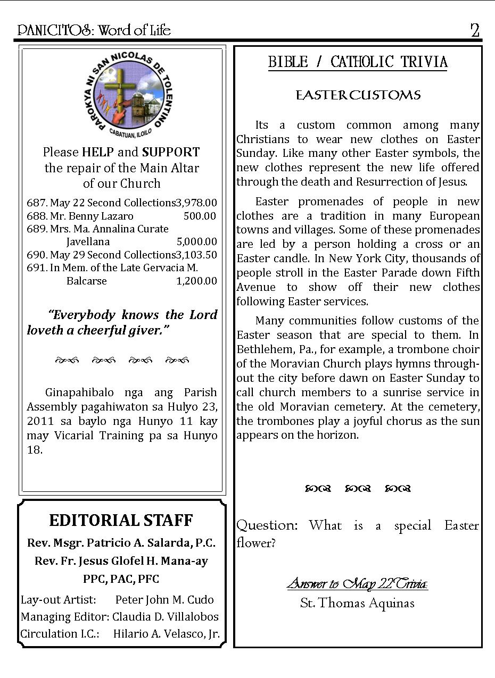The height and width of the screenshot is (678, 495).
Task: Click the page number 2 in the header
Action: coord(475,30)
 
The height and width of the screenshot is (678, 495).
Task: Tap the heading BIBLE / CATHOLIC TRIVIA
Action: coord(358,62)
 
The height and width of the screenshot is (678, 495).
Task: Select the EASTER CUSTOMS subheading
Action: coord(358,95)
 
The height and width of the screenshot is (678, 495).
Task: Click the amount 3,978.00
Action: coord(196,203)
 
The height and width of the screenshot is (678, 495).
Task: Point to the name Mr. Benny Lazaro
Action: coord(92,216)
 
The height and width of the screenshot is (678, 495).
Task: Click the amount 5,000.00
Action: coord(196,241)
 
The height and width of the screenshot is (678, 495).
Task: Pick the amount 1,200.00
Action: coord(196,281)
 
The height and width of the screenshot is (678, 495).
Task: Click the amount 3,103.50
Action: coord(196,255)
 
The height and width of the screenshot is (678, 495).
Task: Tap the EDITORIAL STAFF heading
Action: coord(121,520)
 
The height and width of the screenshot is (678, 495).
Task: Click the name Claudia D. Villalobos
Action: coord(166,617)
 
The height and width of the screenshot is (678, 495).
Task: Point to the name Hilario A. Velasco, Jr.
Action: coord(166,634)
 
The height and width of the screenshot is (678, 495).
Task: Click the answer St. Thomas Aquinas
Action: coord(357,603)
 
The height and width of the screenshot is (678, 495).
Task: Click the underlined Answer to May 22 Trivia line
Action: coord(357,584)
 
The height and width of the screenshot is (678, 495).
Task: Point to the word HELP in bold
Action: coord(97,152)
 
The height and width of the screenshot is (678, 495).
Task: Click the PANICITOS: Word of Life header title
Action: coord(94,30)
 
